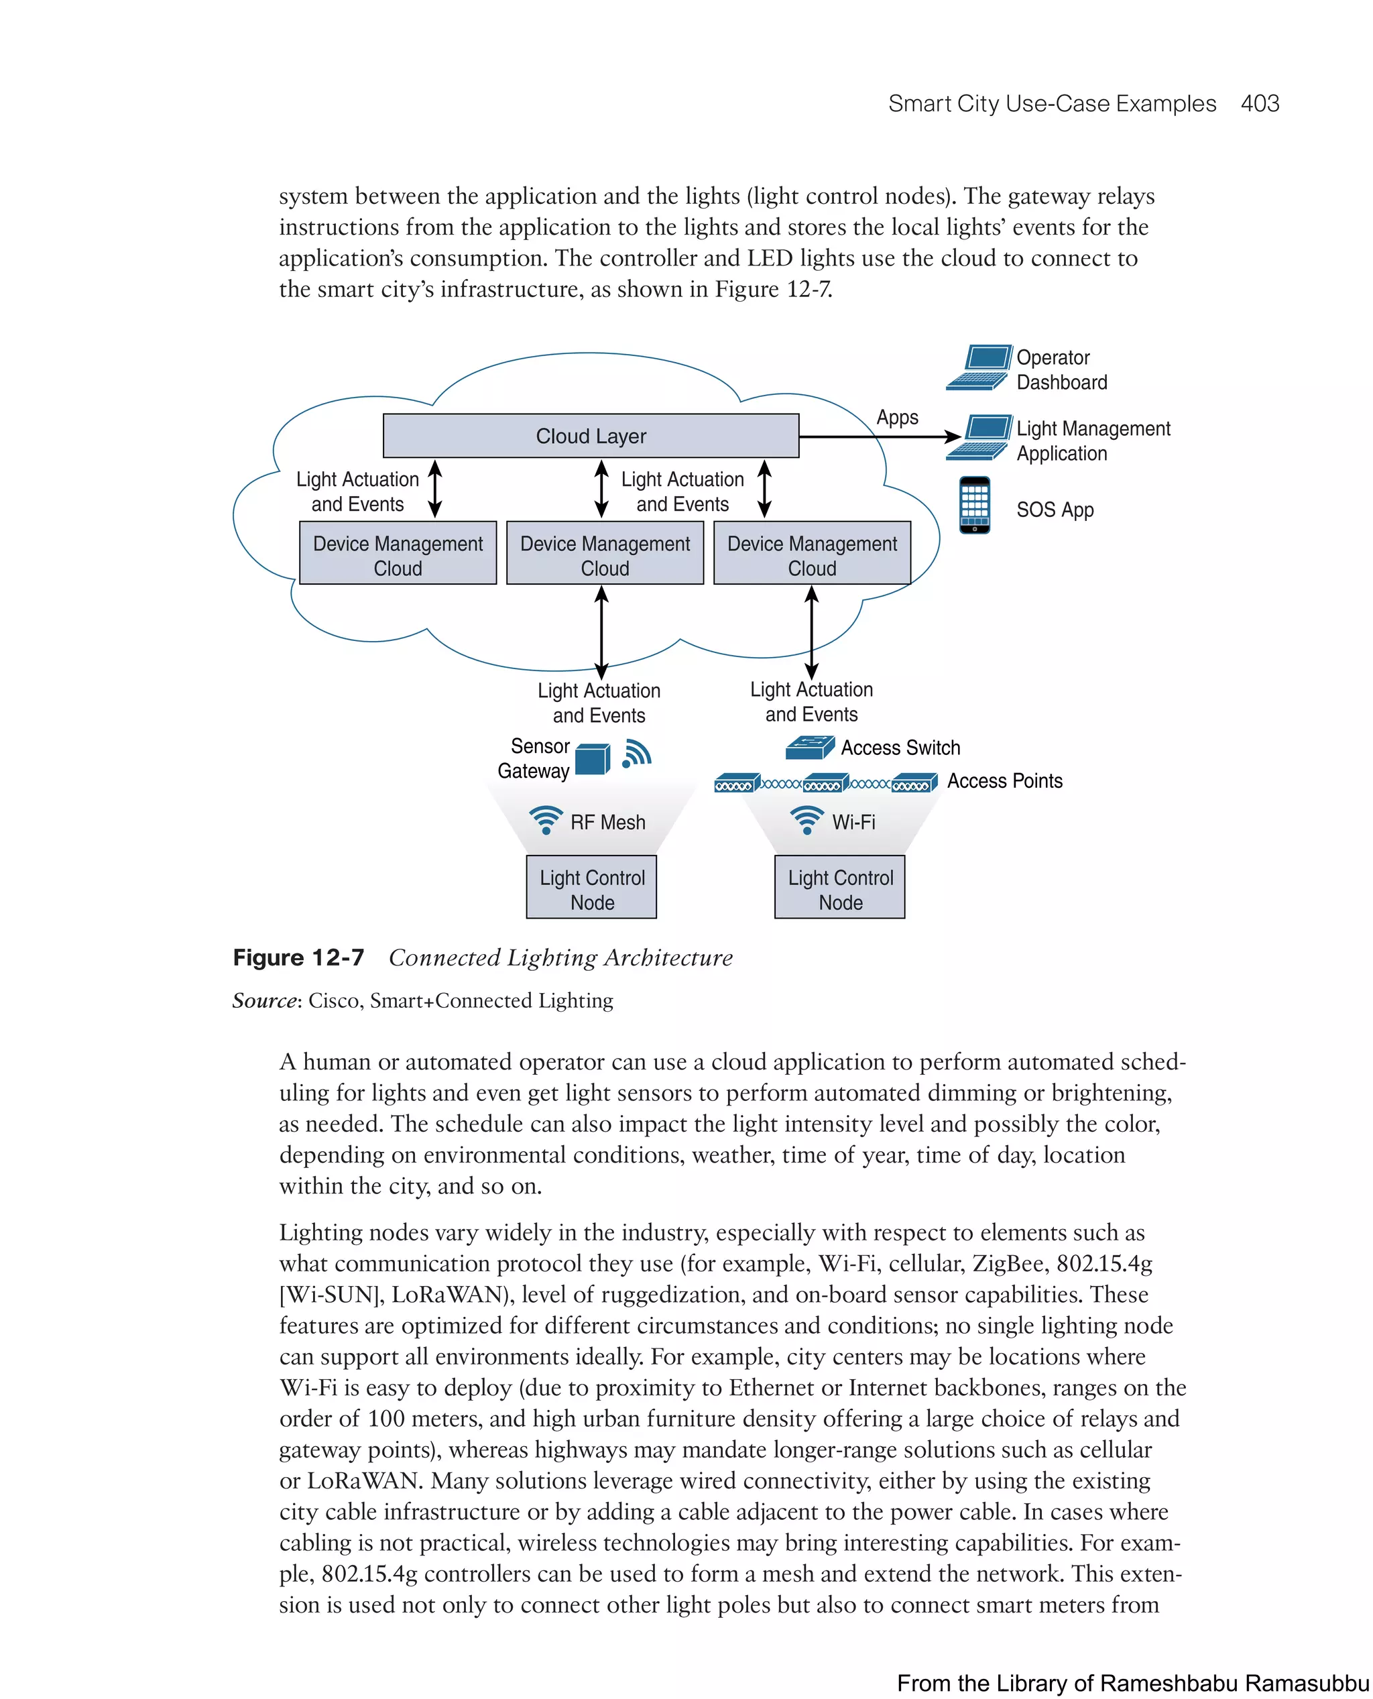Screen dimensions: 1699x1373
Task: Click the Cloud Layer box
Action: point(591,436)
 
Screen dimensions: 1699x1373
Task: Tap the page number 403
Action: point(1259,104)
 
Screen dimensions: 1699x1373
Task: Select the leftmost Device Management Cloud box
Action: point(398,553)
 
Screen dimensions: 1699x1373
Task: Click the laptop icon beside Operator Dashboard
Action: point(978,368)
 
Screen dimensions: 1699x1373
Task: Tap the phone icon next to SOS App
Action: point(974,505)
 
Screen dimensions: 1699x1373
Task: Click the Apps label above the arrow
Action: point(897,417)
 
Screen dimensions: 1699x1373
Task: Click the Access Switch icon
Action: point(809,747)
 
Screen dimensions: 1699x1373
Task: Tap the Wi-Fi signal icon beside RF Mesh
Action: point(546,820)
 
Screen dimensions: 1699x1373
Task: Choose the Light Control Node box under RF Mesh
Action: point(591,886)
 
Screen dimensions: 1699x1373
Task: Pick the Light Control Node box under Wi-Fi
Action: point(840,886)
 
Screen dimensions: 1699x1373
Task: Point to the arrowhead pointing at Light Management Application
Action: point(954,436)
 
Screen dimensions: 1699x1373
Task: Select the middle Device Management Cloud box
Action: point(605,553)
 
